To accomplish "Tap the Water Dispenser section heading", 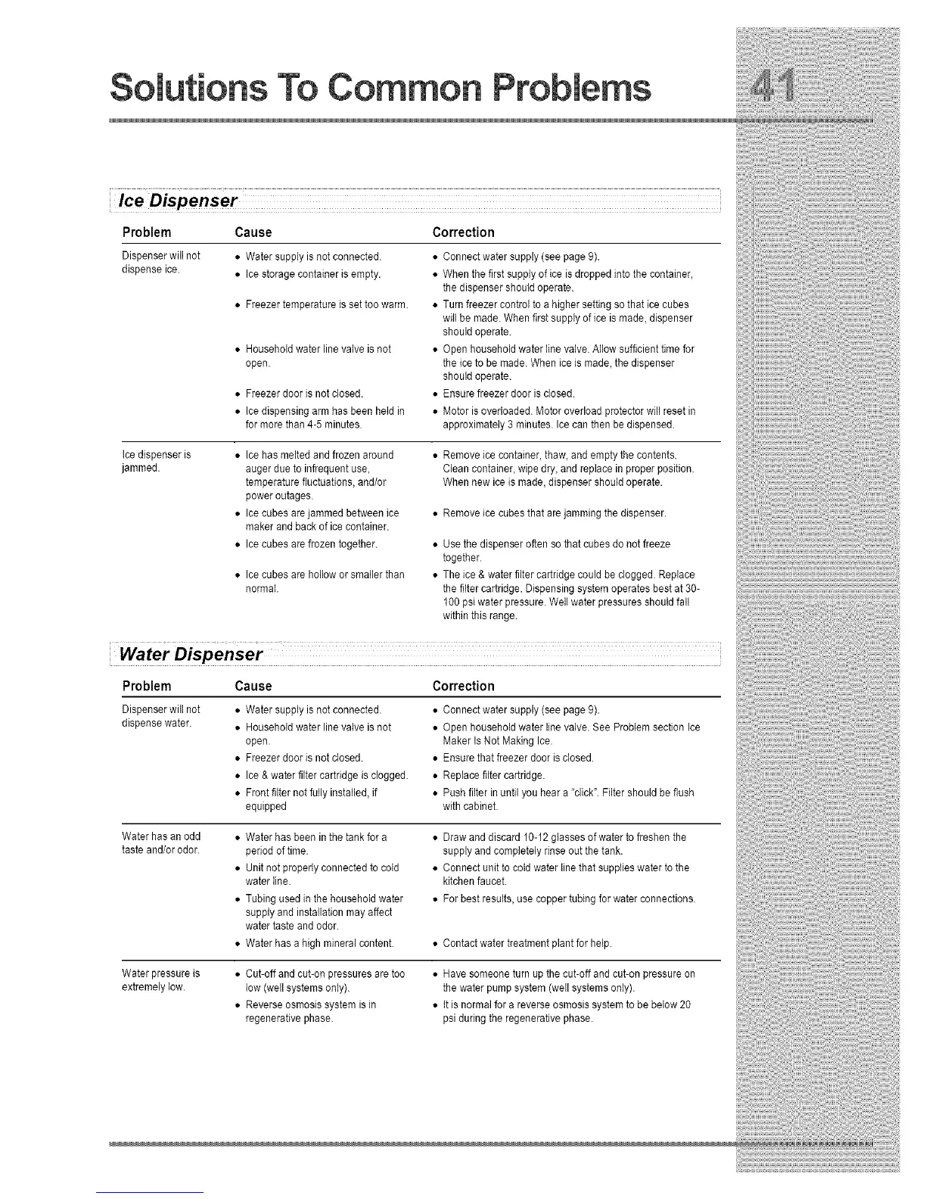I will [192, 653].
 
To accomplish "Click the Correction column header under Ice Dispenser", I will [463, 232].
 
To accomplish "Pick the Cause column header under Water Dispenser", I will [253, 687].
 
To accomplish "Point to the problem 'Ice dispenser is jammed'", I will [156, 461].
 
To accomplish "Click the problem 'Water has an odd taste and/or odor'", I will [161, 843].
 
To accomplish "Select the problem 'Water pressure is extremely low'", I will [160, 980].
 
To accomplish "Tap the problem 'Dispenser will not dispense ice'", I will [160, 263].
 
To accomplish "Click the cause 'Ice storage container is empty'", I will [312, 274].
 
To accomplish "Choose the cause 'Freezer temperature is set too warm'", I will [327, 305].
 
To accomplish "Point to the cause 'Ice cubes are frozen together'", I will [311, 544].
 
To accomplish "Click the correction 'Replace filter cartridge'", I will [493, 775].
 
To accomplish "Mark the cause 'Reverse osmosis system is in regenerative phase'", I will [310, 1011].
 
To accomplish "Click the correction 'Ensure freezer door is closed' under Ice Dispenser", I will [508, 394].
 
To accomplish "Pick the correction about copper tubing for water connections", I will [568, 899].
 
